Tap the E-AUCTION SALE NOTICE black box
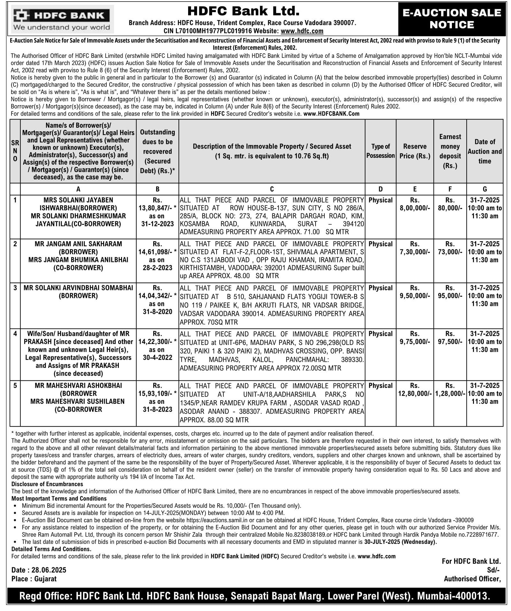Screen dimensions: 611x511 coord(452,19)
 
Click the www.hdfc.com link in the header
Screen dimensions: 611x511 coord(302,31)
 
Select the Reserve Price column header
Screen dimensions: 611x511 coord(415,151)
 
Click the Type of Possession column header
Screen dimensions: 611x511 coord(380,151)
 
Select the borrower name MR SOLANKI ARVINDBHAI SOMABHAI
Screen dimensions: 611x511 coord(78,288)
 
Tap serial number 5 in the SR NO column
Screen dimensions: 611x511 coord(15,386)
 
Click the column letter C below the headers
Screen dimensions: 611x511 coord(272,189)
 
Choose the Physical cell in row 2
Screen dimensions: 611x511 coord(380,244)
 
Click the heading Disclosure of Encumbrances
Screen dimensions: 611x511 coord(47,484)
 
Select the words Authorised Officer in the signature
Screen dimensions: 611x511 coord(472,579)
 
